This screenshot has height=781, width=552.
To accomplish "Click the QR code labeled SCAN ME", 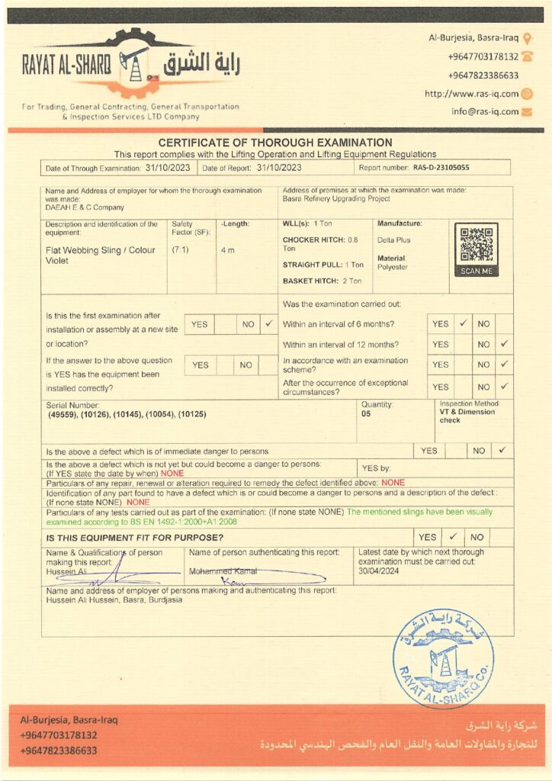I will pos(477,244).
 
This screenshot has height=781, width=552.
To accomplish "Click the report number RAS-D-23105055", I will pos(441,167).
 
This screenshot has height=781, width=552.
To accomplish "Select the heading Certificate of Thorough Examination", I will pos(275,143).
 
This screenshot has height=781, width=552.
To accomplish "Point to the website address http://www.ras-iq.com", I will pos(471,94).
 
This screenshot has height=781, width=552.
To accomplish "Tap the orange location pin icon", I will pos(528,37).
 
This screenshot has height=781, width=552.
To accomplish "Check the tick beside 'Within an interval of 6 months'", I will pos(463,323).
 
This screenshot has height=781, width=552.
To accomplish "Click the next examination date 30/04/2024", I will pos(380,571).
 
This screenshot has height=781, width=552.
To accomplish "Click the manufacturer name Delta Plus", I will pos(393,240).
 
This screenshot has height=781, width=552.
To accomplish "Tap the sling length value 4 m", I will pos(227,249).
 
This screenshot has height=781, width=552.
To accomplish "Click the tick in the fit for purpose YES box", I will pos(452,537).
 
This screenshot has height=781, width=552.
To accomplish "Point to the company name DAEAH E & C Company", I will pos(85,207).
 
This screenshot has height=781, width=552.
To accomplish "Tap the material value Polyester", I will pos(393,267).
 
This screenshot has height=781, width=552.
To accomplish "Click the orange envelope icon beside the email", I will pos(527,112).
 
